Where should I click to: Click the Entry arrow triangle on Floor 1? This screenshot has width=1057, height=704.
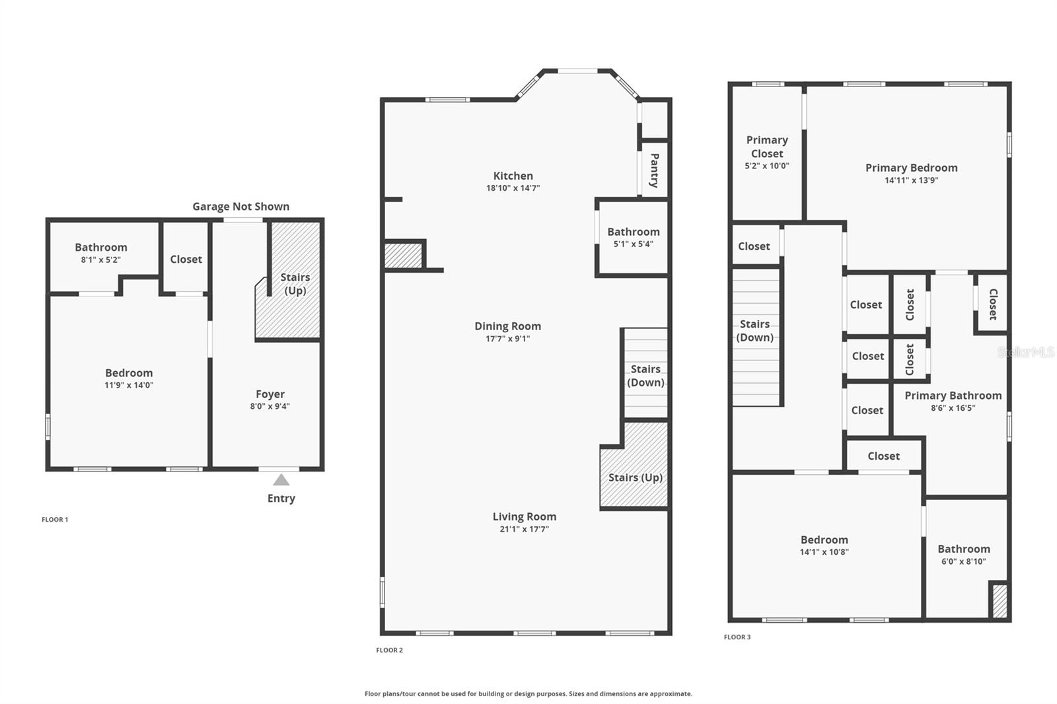tap(281, 480)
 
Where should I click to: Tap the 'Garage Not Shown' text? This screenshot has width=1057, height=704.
tap(240, 207)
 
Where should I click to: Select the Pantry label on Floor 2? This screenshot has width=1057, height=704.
tap(654, 170)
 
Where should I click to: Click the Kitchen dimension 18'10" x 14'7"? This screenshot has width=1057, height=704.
tap(513, 188)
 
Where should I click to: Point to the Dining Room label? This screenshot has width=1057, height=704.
tap(507, 326)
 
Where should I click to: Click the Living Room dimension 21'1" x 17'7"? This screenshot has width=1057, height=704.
tap(525, 529)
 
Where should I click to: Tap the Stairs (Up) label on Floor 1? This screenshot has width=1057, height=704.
tap(295, 284)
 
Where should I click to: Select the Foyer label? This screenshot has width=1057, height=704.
tap(270, 394)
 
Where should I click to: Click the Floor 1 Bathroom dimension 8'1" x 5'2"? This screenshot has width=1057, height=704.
tap(101, 260)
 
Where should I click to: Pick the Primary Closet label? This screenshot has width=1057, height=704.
tap(767, 147)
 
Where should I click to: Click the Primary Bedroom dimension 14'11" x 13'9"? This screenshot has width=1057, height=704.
tap(912, 180)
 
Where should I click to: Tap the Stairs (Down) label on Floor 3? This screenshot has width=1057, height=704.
tap(754, 331)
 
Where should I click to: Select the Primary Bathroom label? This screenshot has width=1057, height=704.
tap(953, 396)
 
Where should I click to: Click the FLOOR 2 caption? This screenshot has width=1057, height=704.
tap(389, 650)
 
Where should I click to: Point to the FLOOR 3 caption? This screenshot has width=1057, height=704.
tap(737, 637)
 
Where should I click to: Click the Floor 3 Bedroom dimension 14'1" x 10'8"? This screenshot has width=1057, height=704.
tap(824, 552)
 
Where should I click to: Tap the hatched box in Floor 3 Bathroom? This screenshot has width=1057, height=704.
tap(1000, 601)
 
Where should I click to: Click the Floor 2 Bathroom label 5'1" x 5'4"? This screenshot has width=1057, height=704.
tap(633, 244)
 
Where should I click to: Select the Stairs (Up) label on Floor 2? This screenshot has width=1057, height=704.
tap(635, 477)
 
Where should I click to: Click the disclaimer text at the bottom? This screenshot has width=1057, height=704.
tap(528, 694)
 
